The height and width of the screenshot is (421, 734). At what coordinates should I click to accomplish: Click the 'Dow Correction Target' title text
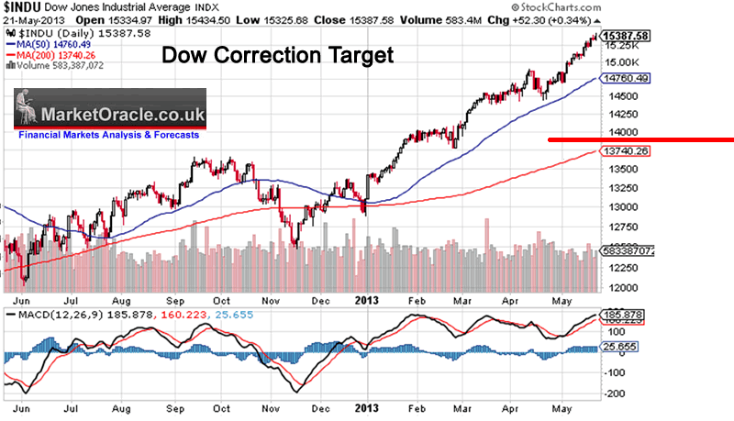277,56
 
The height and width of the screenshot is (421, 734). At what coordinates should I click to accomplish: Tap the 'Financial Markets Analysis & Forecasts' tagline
107,135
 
